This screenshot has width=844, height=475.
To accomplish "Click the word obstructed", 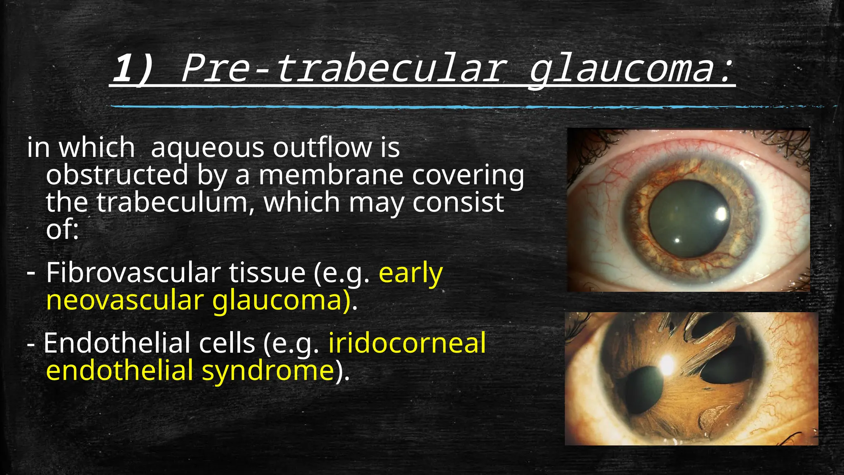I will point(117,175).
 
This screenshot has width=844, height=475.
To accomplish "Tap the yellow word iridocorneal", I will point(407,343).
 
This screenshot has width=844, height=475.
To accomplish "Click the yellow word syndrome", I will point(267,370).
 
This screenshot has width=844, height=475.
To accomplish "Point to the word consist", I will point(458,202).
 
